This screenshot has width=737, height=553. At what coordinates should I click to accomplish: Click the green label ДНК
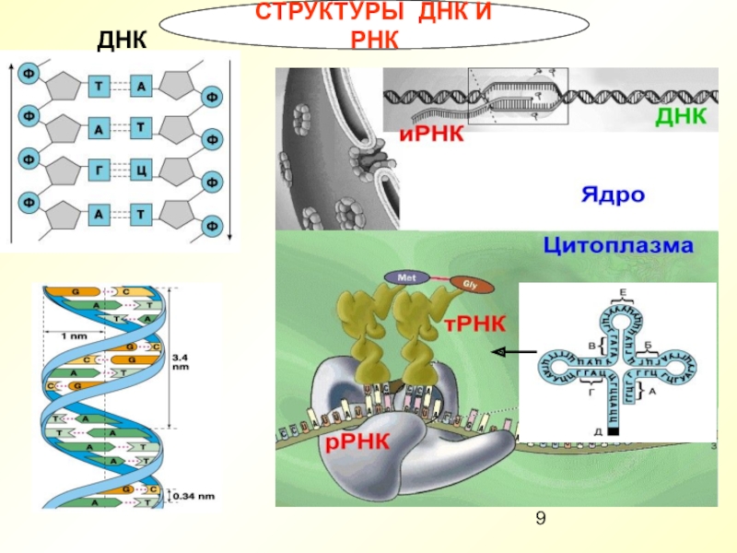[x=680, y=117]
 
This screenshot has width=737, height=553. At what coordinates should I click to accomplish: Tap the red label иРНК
[x=430, y=136]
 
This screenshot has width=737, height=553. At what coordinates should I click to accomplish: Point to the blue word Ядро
[x=612, y=195]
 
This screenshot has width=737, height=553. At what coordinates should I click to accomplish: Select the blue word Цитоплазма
[x=617, y=246]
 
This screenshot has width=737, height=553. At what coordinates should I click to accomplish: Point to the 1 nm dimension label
[x=74, y=335]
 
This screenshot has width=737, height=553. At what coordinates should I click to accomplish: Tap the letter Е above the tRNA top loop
[x=623, y=292]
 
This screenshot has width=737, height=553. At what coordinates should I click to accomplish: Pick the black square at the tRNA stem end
[x=614, y=429]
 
